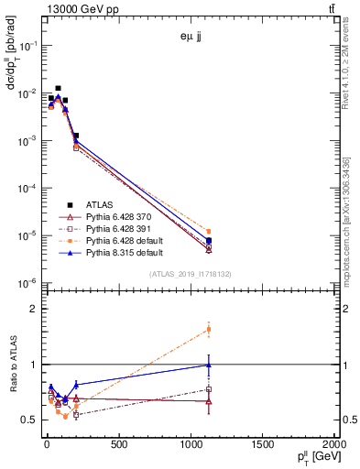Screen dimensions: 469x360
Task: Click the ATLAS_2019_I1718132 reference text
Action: click(191, 274)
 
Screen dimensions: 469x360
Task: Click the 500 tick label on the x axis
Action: click(117, 445)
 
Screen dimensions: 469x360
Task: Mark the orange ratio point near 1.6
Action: click(209, 329)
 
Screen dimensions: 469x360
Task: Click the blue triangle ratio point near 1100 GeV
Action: click(209, 365)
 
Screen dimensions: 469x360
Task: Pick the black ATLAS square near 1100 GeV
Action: click(209, 241)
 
